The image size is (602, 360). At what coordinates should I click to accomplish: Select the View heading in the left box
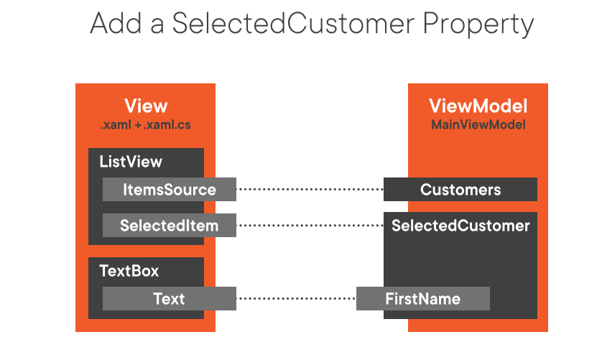click(146, 106)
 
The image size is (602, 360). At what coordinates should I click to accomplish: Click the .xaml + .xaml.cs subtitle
click(146, 125)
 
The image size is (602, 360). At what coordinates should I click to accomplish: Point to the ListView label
click(131, 162)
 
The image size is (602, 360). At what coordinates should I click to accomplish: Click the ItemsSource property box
click(170, 190)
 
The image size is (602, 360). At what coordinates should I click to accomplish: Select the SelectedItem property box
click(170, 226)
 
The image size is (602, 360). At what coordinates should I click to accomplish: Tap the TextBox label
click(129, 271)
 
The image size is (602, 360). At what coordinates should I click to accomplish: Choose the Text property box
click(170, 298)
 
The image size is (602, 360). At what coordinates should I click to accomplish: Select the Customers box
click(460, 190)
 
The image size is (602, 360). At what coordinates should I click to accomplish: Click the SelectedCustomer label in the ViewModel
click(460, 226)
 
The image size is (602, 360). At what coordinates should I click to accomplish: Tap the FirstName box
click(423, 298)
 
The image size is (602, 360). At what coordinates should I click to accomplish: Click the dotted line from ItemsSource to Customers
click(310, 190)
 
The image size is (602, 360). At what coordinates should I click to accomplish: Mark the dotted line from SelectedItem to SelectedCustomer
click(310, 226)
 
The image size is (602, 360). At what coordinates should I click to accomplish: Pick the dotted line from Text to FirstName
click(296, 298)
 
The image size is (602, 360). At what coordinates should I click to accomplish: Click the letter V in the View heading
click(131, 106)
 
